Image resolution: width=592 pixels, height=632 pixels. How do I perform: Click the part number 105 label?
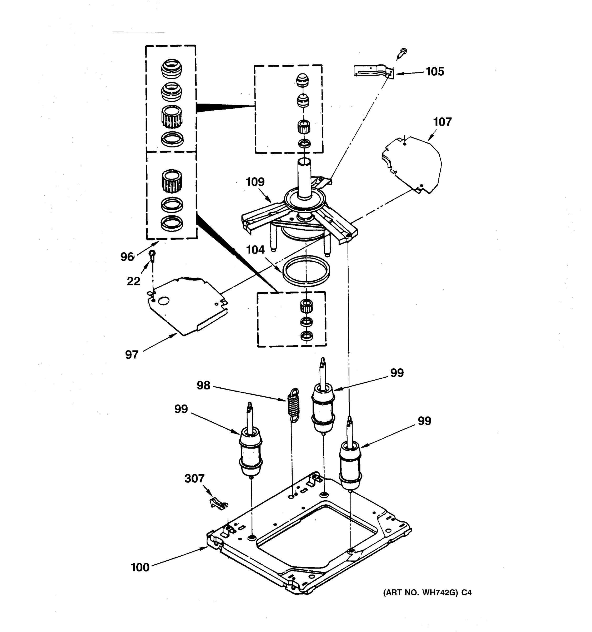coord(434,72)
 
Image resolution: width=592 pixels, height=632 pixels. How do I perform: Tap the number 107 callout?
coord(442,122)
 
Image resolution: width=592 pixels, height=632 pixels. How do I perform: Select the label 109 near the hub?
coord(255,182)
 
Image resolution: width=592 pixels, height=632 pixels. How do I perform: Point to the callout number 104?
coord(255,250)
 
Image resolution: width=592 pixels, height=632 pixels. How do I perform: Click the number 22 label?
coord(133,281)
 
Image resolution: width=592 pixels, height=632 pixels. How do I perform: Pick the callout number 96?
coord(127,257)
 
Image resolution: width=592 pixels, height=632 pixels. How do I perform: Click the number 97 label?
coord(132,355)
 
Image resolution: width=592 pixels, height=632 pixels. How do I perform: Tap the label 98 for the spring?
coord(203,385)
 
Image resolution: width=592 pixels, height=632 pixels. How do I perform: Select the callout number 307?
coord(194,478)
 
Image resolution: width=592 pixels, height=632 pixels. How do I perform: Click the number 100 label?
coord(140,567)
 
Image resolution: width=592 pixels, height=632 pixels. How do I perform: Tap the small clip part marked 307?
coord(218,503)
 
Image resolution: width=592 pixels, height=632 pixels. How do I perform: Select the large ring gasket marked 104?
coord(305,270)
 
